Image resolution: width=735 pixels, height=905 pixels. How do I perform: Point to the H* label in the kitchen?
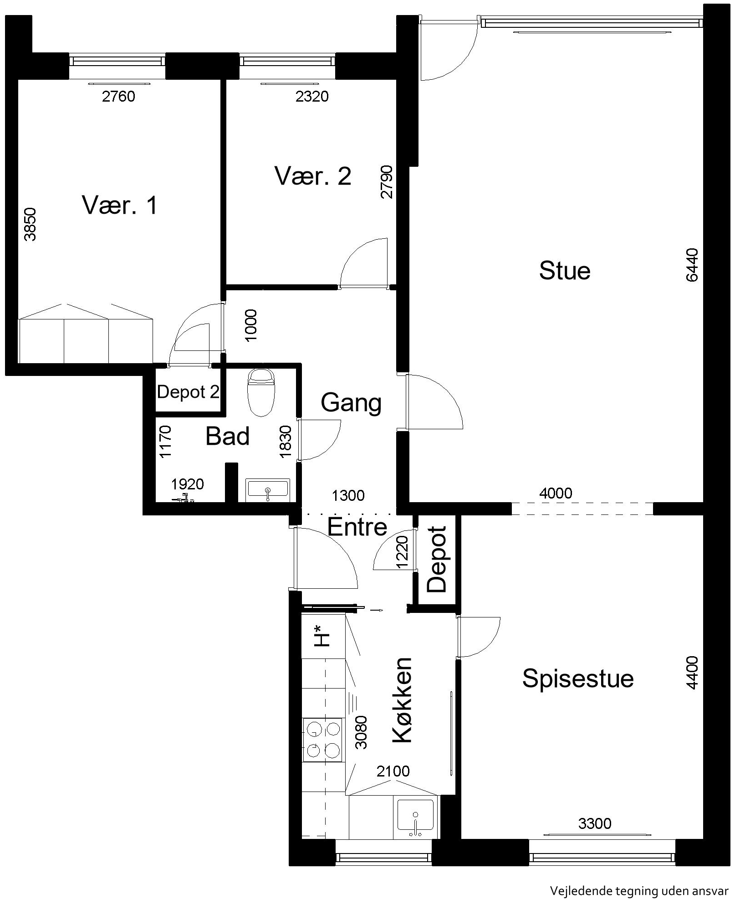(322, 637)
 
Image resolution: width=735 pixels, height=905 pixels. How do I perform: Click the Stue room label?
(565, 271)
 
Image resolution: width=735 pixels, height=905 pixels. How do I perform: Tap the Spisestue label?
(577, 679)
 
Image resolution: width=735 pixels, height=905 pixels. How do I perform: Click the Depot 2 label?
(188, 392)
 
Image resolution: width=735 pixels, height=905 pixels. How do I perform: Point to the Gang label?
(351, 403)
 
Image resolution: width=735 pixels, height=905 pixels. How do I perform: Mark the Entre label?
(357, 527)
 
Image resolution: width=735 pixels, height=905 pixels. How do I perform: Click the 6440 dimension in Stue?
(691, 265)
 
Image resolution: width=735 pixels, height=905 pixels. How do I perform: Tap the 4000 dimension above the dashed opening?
(556, 493)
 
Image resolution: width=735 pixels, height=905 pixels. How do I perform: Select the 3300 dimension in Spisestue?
(595, 823)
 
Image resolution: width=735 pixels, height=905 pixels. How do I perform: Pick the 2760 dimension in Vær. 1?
(118, 96)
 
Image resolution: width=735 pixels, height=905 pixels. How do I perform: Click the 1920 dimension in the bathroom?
(187, 484)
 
